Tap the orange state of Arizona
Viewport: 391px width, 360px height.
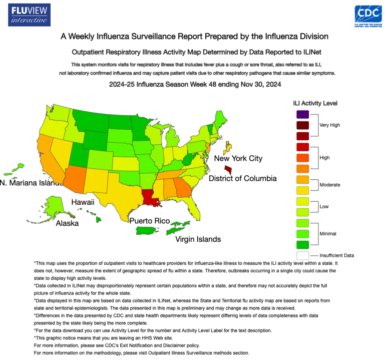pyautogui.click(x=72, y=178)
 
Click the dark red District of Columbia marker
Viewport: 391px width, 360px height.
pyautogui.click(x=228, y=171)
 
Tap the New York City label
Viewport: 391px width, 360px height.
pyautogui.click(x=238, y=158)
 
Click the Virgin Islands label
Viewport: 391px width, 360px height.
pyautogui.click(x=198, y=239)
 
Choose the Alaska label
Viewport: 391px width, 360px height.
pyautogui.click(x=67, y=223)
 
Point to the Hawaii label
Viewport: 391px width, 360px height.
pyautogui.click(x=83, y=202)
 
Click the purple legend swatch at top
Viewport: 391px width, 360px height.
pyautogui.click(x=302, y=115)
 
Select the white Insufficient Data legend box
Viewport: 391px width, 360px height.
pyautogui.click(x=302, y=255)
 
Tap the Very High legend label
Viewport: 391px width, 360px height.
pyautogui.click(x=329, y=125)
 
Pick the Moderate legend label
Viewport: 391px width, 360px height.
pyautogui.click(x=330, y=185)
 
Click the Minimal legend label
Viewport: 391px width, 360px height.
pyautogui.click(x=328, y=233)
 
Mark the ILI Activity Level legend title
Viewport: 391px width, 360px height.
pyautogui.click(x=315, y=103)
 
